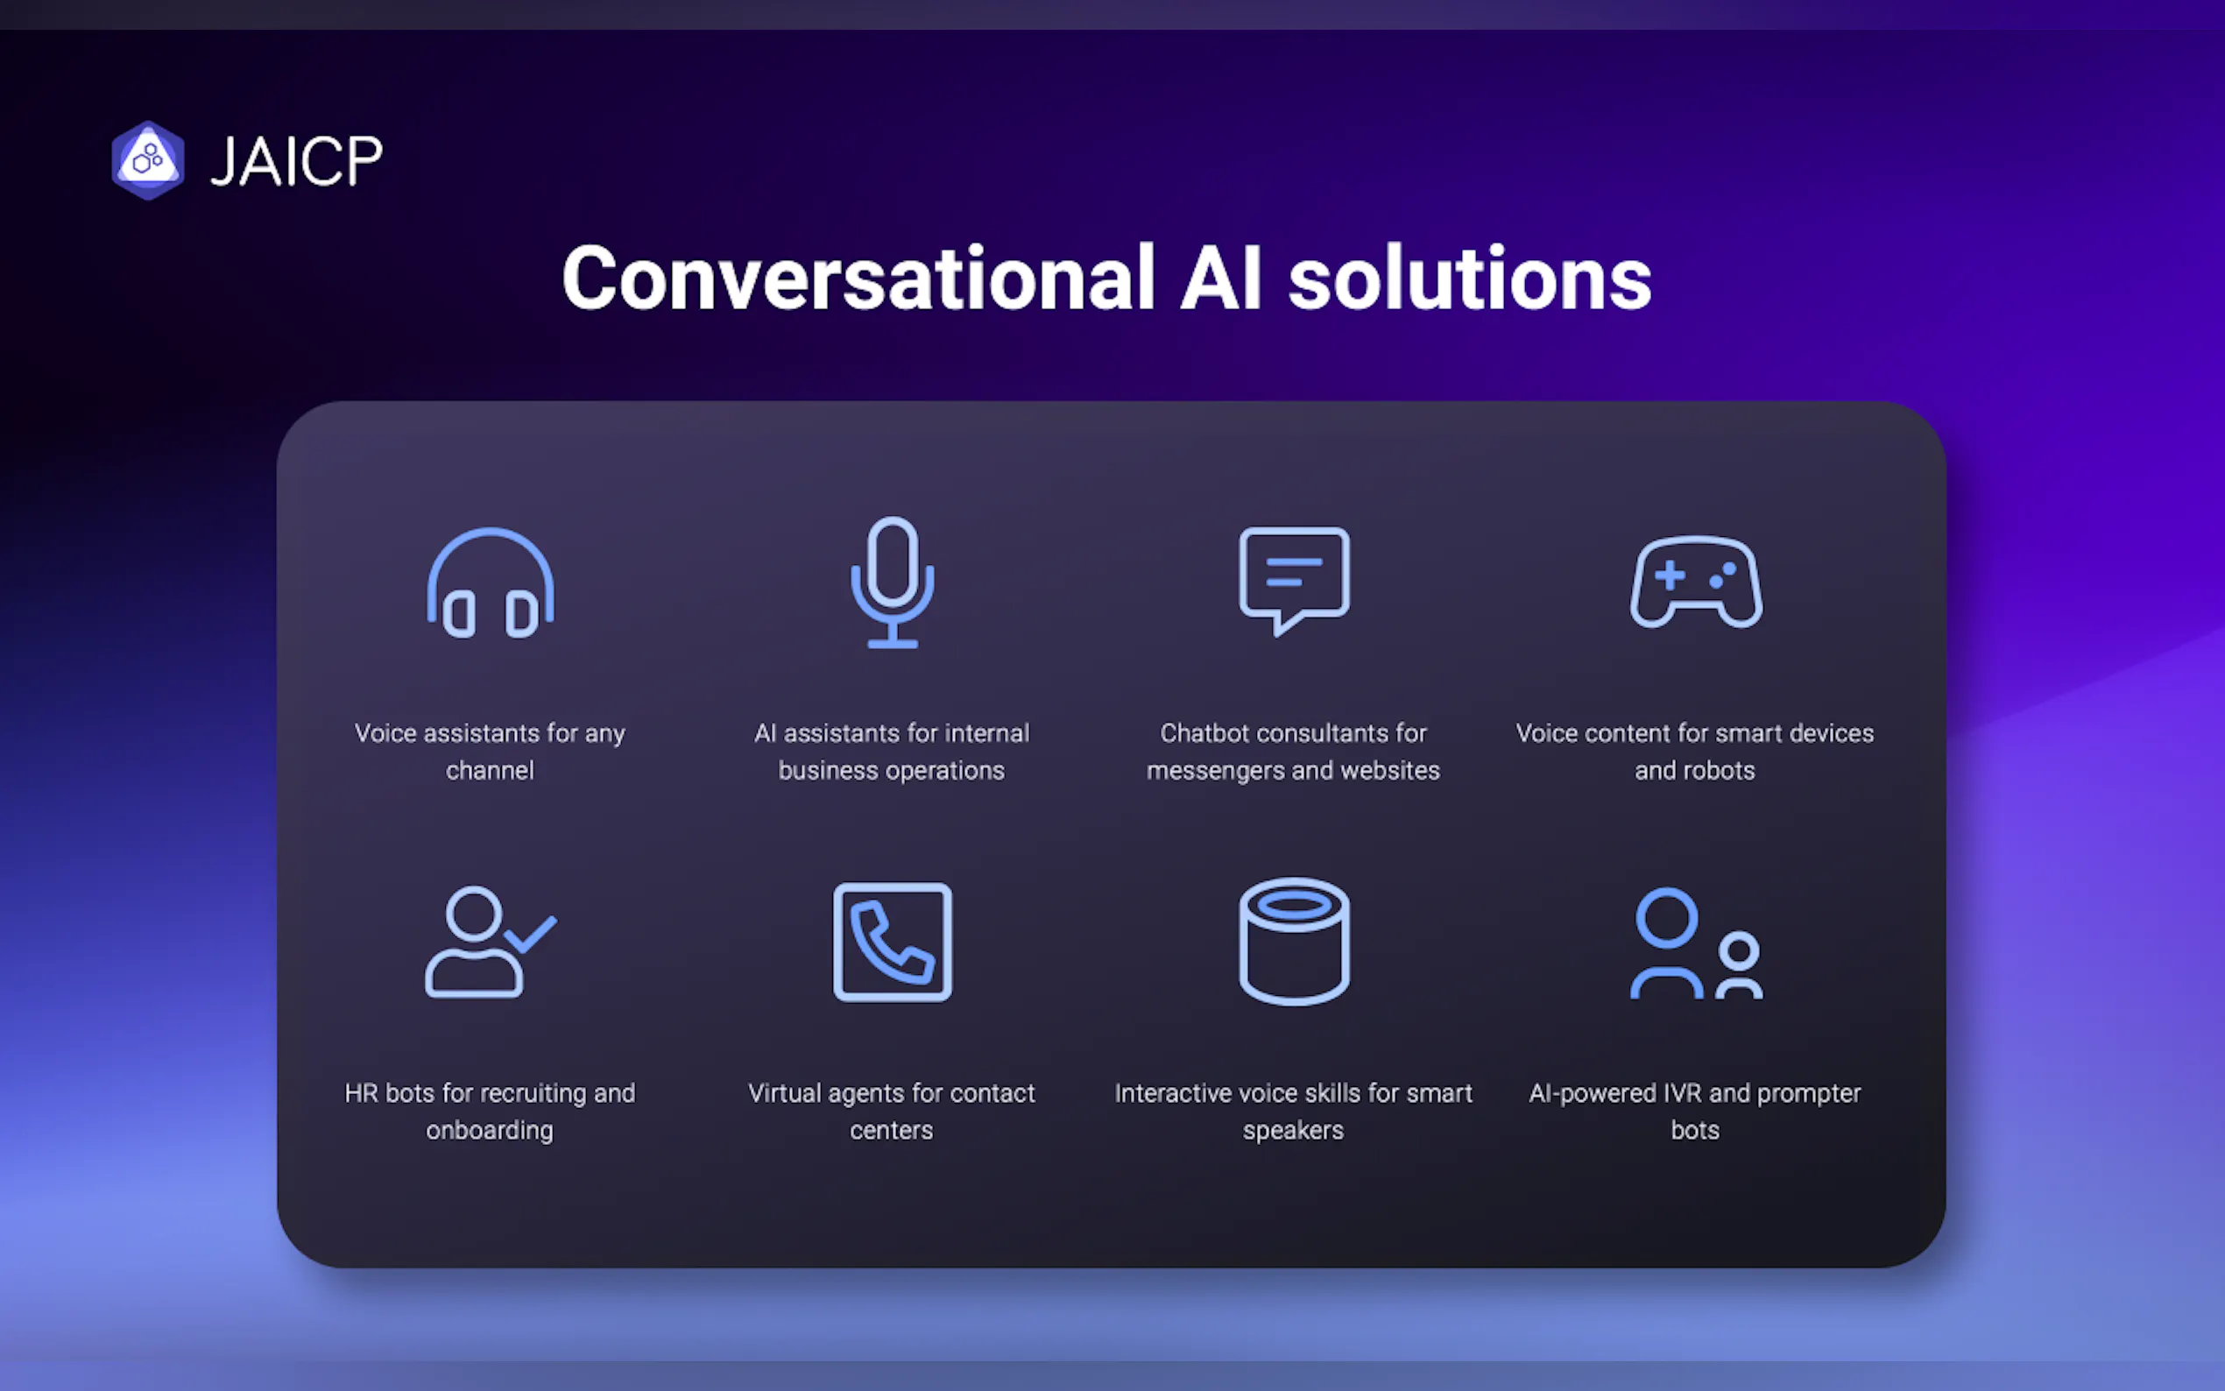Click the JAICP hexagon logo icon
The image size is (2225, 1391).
(x=147, y=160)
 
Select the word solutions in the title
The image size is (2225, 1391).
(x=1470, y=278)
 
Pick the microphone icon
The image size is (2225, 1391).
(x=893, y=583)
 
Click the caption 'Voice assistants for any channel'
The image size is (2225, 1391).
(x=491, y=752)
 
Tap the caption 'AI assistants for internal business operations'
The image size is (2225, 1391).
(x=891, y=752)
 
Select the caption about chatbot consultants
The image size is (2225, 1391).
(x=1293, y=752)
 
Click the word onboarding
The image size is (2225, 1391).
(x=491, y=1131)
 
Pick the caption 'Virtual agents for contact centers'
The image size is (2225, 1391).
(x=891, y=1112)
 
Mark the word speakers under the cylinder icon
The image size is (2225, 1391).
(x=1293, y=1131)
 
